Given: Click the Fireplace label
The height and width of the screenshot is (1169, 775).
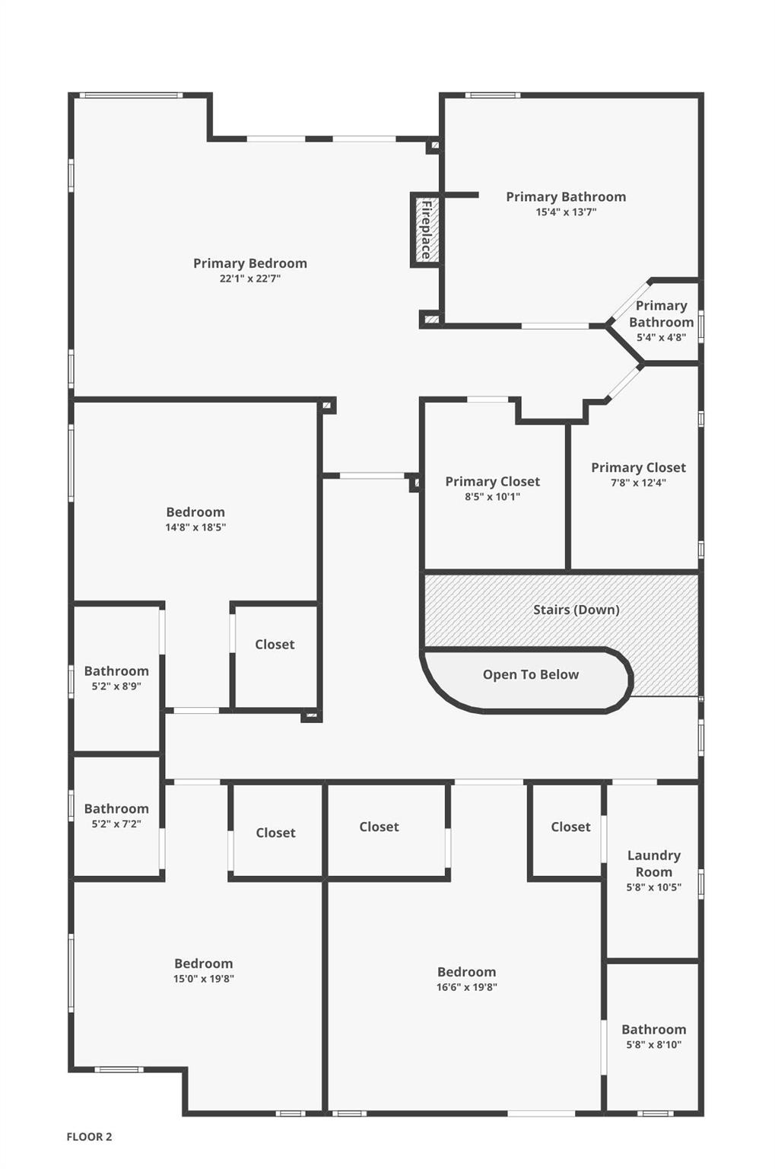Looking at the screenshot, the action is (426, 230).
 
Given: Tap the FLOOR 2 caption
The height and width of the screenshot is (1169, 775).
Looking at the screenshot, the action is (89, 1136).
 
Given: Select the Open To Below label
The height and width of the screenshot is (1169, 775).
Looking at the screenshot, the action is (530, 674).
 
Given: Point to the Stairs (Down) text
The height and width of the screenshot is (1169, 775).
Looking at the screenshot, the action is (576, 610).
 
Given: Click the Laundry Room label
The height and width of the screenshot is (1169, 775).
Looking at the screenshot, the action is (653, 864).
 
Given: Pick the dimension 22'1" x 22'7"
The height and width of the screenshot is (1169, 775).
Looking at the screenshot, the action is (249, 278).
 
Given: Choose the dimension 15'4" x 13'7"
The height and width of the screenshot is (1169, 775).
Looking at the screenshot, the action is (566, 212).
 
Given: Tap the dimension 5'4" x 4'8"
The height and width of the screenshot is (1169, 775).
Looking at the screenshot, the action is (661, 337).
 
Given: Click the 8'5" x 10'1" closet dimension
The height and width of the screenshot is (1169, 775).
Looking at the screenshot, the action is (492, 496).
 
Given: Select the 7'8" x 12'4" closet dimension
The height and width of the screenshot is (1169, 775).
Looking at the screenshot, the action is (638, 483).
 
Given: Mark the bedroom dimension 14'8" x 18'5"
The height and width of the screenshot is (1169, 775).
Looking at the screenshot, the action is (195, 527).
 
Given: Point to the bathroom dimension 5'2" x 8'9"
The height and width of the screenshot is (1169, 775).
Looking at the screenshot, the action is (116, 686).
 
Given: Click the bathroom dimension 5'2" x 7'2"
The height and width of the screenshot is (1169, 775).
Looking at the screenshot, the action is (116, 824).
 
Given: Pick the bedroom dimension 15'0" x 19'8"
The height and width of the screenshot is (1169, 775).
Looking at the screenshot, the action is (203, 979).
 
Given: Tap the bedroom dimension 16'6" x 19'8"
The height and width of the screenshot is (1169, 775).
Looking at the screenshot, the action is (467, 987).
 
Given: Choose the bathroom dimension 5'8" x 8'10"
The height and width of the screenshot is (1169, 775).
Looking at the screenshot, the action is (653, 1044).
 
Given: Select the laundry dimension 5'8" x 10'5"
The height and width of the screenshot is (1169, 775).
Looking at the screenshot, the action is (653, 887).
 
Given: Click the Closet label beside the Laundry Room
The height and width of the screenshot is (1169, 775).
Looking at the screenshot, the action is (570, 827).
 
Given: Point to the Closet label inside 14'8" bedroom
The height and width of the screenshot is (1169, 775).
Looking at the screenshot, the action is (275, 645).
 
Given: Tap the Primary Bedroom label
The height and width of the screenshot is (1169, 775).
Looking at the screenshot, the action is (249, 263).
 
